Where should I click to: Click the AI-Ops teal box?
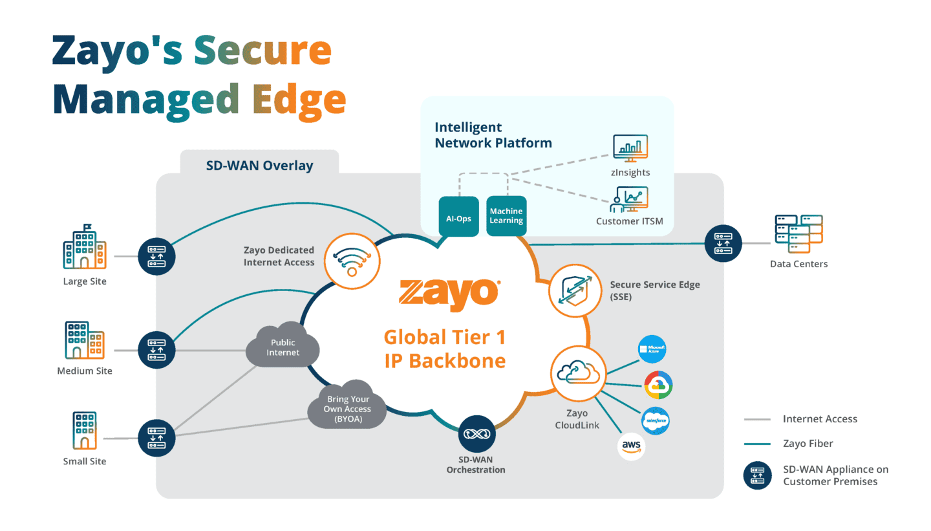click(x=459, y=217)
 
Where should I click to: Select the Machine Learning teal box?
click(x=506, y=217)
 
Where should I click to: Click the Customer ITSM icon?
click(x=629, y=199)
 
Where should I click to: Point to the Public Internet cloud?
click(x=283, y=347)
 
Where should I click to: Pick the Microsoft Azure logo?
click(x=651, y=350)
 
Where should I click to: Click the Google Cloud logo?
click(x=659, y=385)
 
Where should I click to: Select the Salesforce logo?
click(x=655, y=421)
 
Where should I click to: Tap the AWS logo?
click(x=632, y=446)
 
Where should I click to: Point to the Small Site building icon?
click(x=85, y=431)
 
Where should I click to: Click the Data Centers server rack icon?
click(x=798, y=235)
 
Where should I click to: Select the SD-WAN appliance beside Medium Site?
click(x=156, y=350)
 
